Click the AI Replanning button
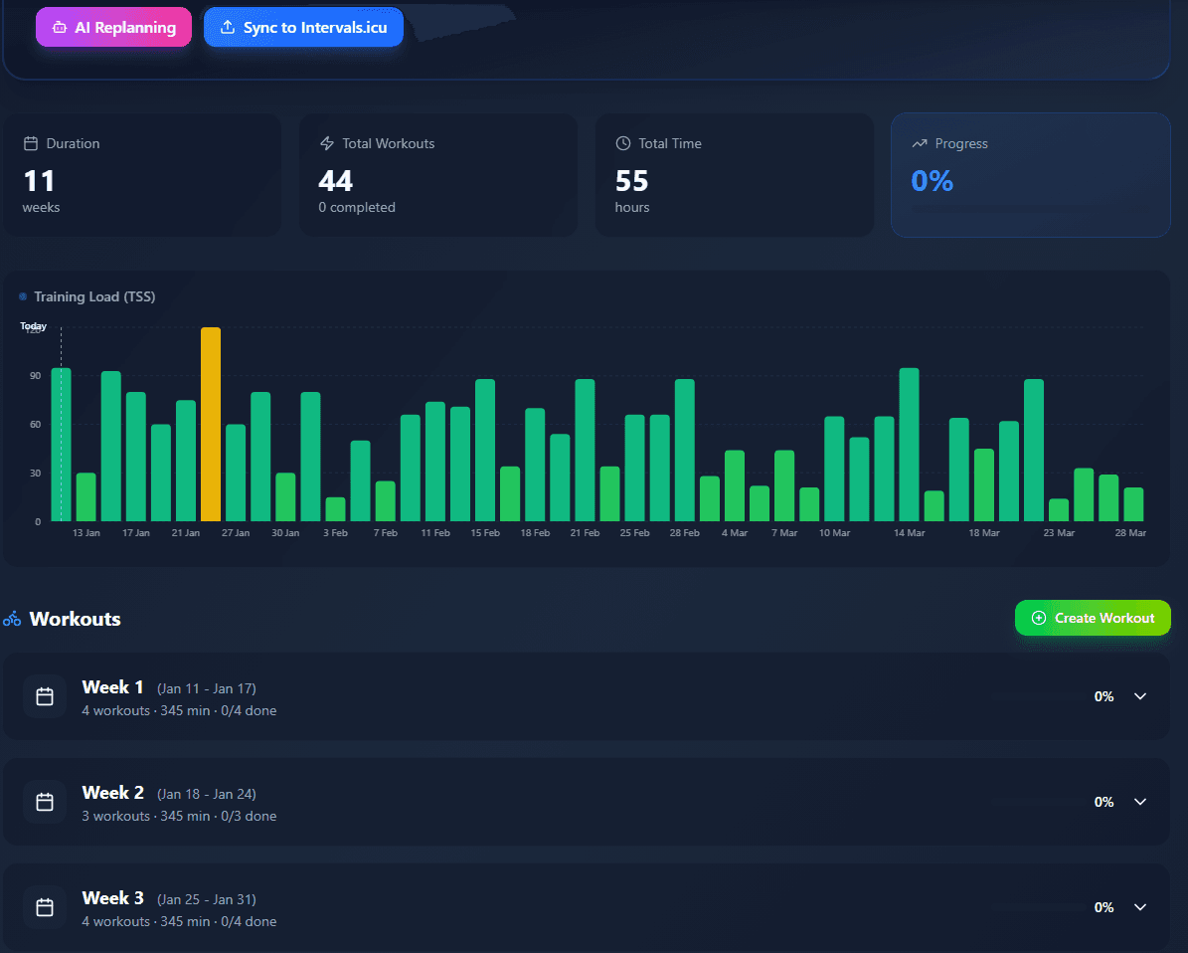pos(113,28)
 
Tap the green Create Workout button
pos(1093,618)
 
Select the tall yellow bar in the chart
pos(211,424)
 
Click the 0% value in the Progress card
pos(932,181)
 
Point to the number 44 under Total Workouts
pos(336,181)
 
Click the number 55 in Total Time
pos(632,181)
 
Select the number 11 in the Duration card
pos(39,181)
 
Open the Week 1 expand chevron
pos(1140,696)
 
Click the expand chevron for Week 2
pos(1140,802)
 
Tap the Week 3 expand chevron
pos(1140,907)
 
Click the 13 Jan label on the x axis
pos(86,533)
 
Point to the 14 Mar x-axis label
pos(909,533)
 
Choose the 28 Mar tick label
pos(1130,533)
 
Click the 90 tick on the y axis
pos(35,376)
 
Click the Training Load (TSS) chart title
pos(94,296)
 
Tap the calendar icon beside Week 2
pos(45,802)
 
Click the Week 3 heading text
pos(113,898)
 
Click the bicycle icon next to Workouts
pos(12,619)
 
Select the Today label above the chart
pos(34,326)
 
